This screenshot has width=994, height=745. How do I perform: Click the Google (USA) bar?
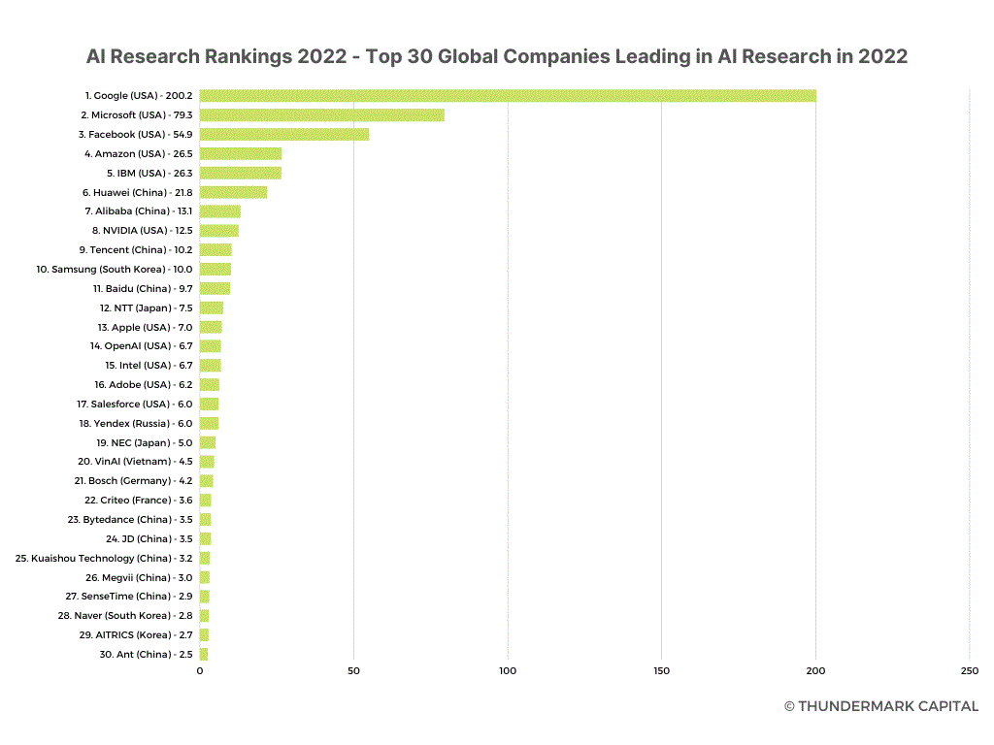pyautogui.click(x=508, y=96)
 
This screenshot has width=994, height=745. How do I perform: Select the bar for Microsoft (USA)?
pyautogui.click(x=322, y=115)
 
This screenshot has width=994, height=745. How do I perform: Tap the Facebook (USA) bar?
pyautogui.click(x=284, y=134)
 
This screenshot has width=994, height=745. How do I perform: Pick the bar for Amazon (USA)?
pyautogui.click(x=241, y=153)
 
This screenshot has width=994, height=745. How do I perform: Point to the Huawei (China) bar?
pyautogui.click(x=233, y=192)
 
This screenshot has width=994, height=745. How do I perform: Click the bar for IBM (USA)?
pyautogui.click(x=241, y=173)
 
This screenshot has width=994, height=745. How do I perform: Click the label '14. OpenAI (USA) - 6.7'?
pyautogui.click(x=142, y=346)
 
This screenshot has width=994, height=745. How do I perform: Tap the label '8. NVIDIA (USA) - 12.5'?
pyautogui.click(x=142, y=231)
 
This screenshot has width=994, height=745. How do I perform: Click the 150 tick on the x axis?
pyautogui.click(x=662, y=671)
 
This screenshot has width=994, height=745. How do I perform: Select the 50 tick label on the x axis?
pyautogui.click(x=354, y=671)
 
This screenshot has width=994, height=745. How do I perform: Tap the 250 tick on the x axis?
pyautogui.click(x=970, y=671)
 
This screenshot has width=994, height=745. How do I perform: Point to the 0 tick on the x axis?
pyautogui.click(x=200, y=671)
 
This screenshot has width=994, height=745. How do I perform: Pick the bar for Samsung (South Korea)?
pyautogui.click(x=215, y=269)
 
